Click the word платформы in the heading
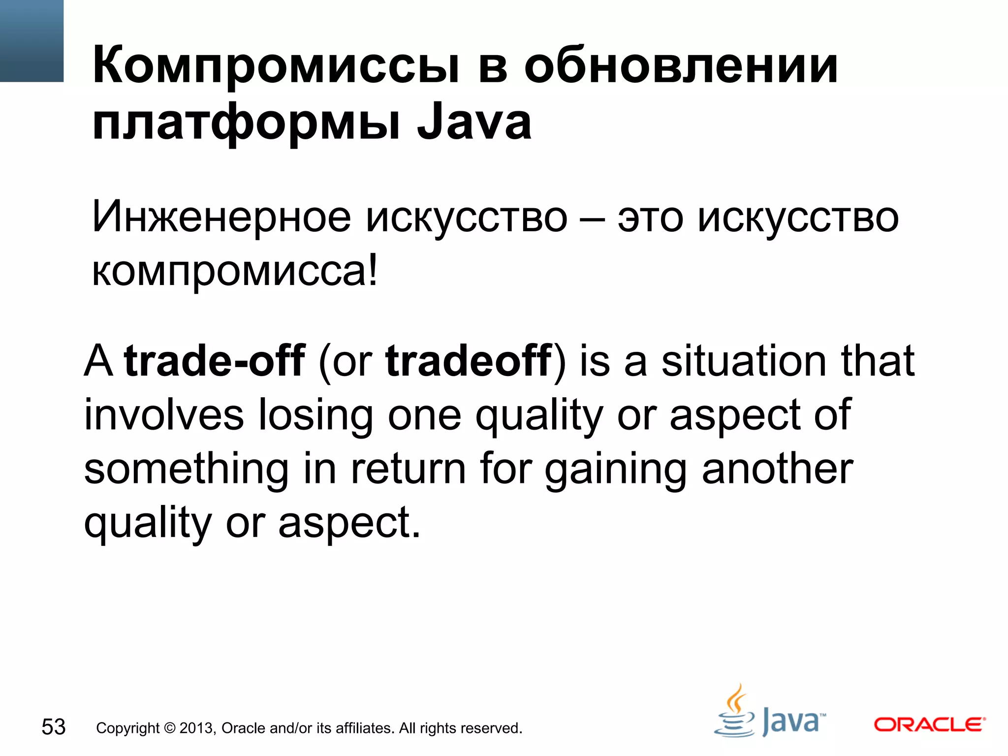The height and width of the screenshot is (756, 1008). [246, 123]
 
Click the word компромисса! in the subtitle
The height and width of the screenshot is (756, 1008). [235, 271]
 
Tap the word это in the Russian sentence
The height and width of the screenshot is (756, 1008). [650, 218]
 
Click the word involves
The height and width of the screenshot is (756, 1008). [164, 415]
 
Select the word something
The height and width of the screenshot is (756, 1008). [186, 469]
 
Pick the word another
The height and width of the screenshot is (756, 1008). [778, 469]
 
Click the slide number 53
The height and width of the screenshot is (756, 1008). [54, 727]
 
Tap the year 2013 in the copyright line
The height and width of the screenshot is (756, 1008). [197, 728]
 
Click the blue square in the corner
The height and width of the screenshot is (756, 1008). [31, 41]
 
